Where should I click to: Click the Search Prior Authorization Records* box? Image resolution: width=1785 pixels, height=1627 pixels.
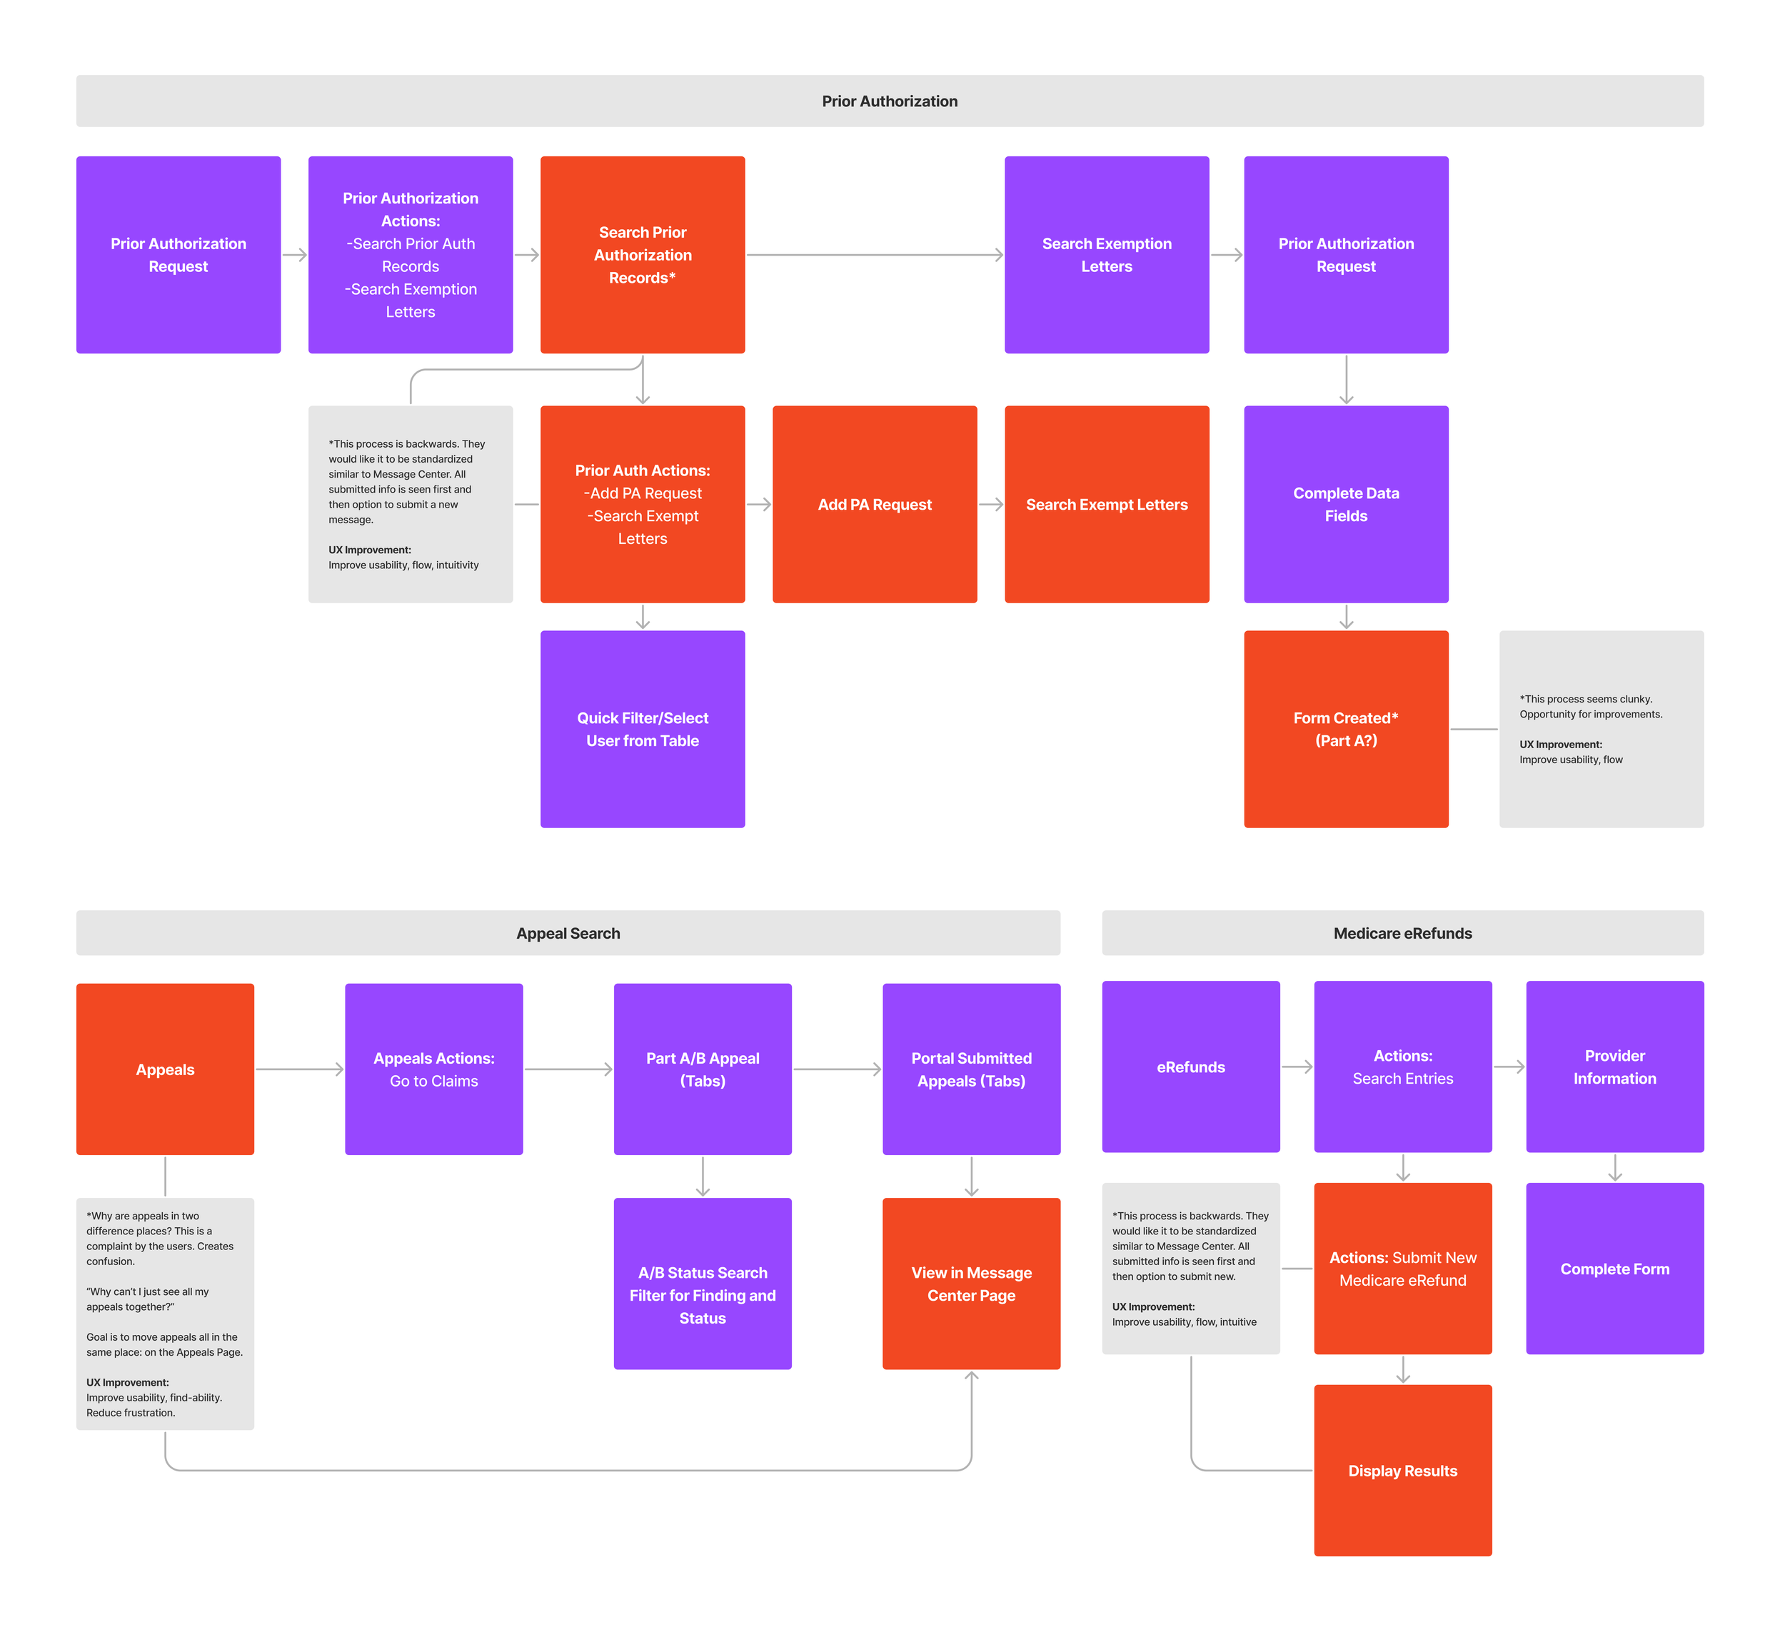pos(642,255)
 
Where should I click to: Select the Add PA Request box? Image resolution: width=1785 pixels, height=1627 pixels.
pos(874,505)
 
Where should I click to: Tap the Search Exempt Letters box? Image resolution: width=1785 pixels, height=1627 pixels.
pos(1106,505)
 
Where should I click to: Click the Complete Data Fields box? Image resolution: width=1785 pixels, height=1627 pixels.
pos(1345,505)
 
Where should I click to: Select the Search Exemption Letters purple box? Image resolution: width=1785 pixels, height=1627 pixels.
pos(1106,255)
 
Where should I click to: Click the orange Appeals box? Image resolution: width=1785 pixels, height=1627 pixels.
pos(165,1069)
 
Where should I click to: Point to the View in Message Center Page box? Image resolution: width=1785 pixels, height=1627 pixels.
pos(970,1283)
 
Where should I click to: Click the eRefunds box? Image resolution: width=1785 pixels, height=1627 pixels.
pos(1190,1066)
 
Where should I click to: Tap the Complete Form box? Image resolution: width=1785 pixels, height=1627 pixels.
pos(1614,1268)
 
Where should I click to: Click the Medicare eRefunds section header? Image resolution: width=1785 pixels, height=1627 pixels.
pos(1402,932)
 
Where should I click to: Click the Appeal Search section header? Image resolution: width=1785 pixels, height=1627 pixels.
pos(568,932)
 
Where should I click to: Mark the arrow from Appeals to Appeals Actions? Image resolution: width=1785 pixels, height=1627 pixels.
pos(299,1069)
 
